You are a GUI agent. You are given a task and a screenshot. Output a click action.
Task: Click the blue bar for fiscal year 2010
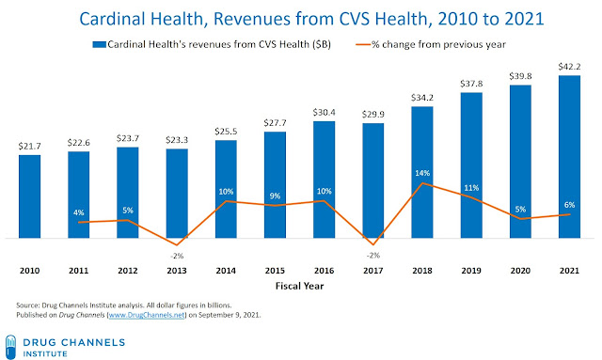pyautogui.click(x=29, y=196)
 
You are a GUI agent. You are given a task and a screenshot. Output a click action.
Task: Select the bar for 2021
pyautogui.click(x=569, y=157)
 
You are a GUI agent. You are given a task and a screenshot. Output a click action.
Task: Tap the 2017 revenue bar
pyautogui.click(x=373, y=180)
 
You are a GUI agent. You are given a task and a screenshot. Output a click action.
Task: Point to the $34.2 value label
pyautogui.click(x=422, y=98)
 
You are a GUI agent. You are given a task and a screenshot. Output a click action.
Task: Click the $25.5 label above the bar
pyautogui.click(x=226, y=132)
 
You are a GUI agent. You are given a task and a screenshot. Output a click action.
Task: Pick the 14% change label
pyautogui.click(x=422, y=173)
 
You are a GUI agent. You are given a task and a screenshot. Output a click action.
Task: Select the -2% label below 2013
pyautogui.click(x=177, y=256)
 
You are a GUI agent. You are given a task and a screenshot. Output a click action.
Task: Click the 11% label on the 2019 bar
pyautogui.click(x=471, y=188)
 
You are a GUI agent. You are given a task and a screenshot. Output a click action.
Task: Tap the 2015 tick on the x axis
pyautogui.click(x=275, y=271)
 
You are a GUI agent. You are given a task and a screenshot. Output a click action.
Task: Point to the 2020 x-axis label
pyautogui.click(x=520, y=271)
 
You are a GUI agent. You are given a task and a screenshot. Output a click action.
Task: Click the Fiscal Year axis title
pyautogui.click(x=299, y=286)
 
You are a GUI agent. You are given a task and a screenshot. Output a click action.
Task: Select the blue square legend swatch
pyautogui.click(x=99, y=45)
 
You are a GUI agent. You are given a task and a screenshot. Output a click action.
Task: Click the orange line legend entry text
pyautogui.click(x=438, y=44)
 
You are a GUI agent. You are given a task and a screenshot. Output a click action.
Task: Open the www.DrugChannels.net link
pyautogui.click(x=147, y=315)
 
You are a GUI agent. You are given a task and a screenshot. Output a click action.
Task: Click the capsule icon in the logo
pyautogui.click(x=10, y=347)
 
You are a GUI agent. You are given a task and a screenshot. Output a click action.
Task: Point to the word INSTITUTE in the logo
pyautogui.click(x=45, y=353)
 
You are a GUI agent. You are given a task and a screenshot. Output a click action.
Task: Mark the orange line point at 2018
pyautogui.click(x=422, y=183)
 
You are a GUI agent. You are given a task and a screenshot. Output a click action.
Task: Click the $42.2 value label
pyautogui.click(x=569, y=67)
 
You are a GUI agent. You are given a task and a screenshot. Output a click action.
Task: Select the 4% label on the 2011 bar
pyautogui.click(x=79, y=212)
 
